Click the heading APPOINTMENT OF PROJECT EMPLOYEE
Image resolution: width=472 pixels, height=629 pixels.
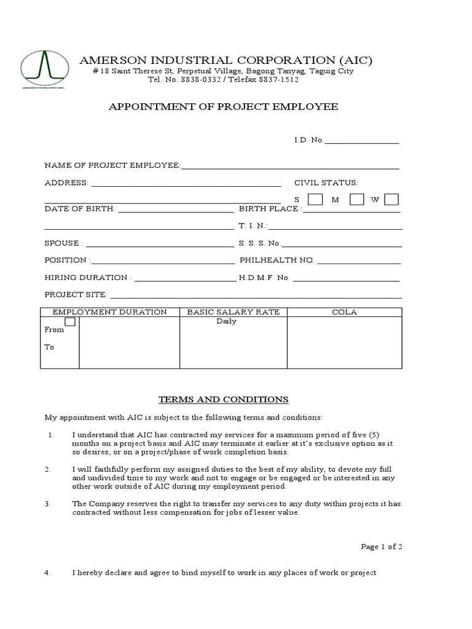(223, 106)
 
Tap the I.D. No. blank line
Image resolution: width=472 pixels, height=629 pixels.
(361, 141)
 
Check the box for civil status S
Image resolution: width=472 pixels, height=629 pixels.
(315, 199)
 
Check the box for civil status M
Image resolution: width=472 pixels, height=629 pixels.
(356, 199)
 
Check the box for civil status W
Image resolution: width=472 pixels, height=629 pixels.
(391, 199)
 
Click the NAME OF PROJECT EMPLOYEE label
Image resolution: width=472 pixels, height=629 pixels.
(112, 166)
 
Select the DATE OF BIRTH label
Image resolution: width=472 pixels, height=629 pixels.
(79, 209)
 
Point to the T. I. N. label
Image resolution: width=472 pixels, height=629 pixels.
(253, 226)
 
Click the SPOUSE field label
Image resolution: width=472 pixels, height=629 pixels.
(63, 243)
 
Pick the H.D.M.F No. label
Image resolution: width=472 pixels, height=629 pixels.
(264, 278)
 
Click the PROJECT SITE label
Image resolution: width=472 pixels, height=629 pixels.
(76, 295)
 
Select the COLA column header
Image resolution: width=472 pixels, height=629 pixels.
(344, 312)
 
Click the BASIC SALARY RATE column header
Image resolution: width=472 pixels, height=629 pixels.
(233, 312)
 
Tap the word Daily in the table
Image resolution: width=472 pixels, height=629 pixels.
(226, 321)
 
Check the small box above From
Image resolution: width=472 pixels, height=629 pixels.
(70, 322)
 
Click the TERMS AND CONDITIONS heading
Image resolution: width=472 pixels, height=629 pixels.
(224, 399)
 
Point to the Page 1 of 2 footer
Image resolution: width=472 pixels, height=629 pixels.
(381, 547)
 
